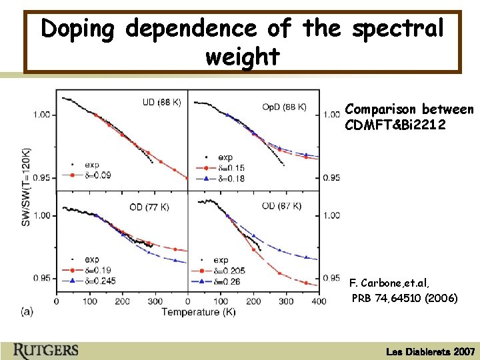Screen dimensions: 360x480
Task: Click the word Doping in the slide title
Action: (x=79, y=29)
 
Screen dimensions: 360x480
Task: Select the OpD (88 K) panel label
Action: (x=284, y=107)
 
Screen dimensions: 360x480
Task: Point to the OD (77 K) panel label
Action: (x=149, y=207)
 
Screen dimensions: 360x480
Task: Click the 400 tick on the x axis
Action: (x=319, y=301)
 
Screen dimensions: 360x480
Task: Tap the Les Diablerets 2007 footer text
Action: (x=431, y=351)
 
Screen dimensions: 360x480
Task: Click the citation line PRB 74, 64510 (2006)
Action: (x=405, y=298)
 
